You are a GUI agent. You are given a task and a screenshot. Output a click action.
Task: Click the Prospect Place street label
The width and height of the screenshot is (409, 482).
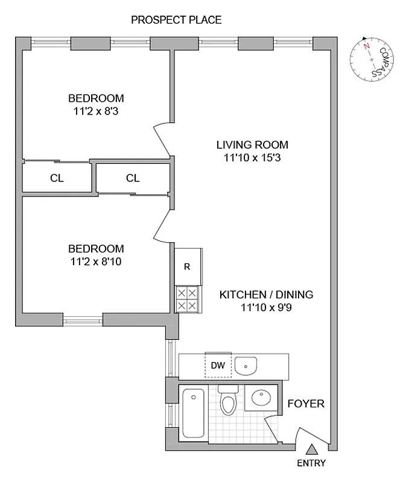pos(176,20)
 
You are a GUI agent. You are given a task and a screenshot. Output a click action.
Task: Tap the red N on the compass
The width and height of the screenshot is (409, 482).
pos(366,45)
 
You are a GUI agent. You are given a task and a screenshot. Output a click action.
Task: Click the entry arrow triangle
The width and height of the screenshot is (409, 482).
pos(311,449)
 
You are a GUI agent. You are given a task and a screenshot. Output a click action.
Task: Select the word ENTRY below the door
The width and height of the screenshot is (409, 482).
pos(311,463)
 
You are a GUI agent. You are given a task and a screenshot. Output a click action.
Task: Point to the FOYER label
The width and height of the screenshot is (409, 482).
pos(305,404)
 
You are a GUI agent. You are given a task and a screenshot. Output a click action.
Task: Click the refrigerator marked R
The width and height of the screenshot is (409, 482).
pos(187,267)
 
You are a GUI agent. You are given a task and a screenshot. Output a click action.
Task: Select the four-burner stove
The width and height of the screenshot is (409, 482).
pos(187,298)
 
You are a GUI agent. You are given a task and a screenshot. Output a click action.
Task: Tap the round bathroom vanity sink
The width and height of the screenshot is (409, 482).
pos(260,398)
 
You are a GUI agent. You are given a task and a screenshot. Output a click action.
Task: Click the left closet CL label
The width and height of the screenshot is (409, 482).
pos(57,178)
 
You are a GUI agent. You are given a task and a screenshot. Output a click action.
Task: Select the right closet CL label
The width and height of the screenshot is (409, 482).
pos(133,178)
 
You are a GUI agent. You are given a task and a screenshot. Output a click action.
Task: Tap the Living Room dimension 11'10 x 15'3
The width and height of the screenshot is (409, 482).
pos(252,158)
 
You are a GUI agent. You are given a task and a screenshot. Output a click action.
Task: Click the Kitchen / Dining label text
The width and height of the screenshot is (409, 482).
pos(265,295)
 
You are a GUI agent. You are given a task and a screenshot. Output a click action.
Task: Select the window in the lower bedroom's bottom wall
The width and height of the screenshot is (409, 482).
pos(83,319)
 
